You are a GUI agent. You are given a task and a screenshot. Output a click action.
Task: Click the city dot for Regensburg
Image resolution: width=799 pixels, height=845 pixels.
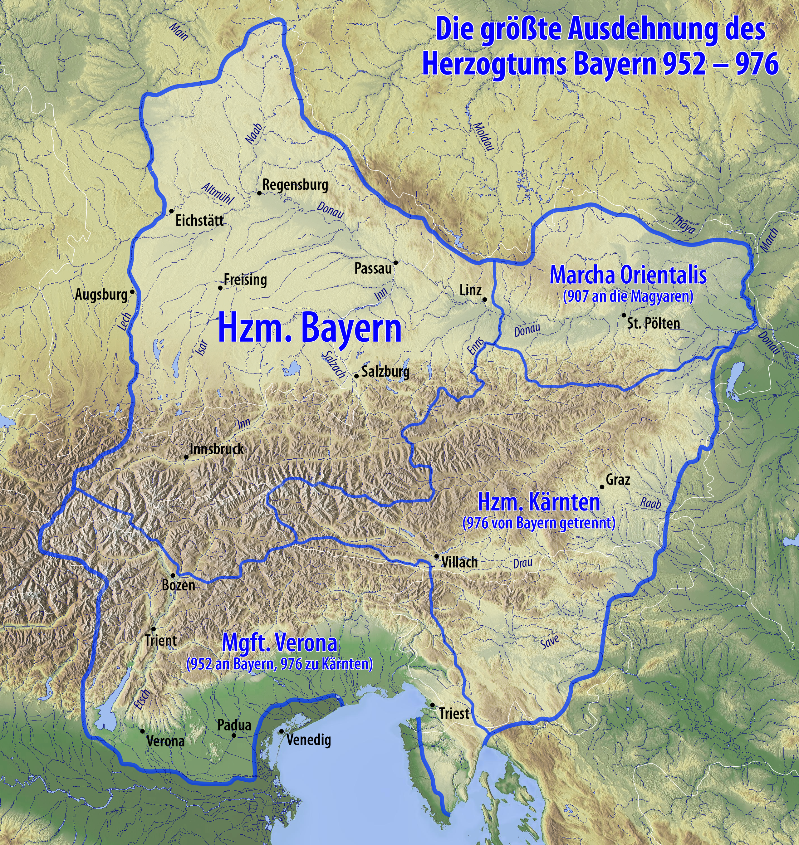point(259,193)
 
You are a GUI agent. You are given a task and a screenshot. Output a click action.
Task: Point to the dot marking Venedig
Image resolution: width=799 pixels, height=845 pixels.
point(281,731)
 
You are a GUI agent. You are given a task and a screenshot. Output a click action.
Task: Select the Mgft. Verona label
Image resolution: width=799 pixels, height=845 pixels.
point(279,643)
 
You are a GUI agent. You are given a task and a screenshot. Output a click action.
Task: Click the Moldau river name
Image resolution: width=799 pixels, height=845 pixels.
point(484,136)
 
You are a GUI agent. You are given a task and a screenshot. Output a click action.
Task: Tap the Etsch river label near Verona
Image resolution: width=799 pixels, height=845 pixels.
point(142,699)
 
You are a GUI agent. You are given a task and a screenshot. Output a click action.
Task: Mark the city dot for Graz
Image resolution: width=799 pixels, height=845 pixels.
point(602,487)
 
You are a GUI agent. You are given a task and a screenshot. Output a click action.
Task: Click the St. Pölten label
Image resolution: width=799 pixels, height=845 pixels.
point(653,324)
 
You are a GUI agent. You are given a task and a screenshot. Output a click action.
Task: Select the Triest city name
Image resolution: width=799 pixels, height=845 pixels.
point(453,713)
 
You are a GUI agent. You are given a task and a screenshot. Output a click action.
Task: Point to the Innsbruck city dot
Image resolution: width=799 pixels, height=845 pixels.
point(186,457)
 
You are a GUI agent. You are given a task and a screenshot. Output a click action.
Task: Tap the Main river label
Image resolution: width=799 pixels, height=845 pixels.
point(179,32)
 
